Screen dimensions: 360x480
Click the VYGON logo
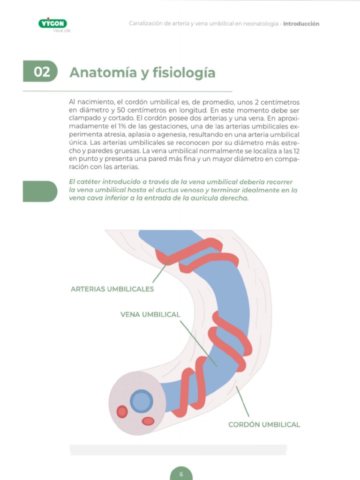[x=52, y=23]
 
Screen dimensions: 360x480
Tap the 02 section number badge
[x=40, y=71]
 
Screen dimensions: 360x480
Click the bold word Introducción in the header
[x=301, y=24]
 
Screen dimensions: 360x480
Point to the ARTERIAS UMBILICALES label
[x=112, y=289]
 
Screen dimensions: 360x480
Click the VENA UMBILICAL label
[x=150, y=315]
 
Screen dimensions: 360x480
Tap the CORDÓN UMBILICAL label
[x=264, y=425]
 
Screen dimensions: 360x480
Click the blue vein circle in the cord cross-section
[x=142, y=401]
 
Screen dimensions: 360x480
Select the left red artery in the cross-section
[x=122, y=412]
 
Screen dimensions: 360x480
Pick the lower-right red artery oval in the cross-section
[x=148, y=421]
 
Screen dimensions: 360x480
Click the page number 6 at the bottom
[x=181, y=474]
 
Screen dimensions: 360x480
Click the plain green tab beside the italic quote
[x=40, y=191]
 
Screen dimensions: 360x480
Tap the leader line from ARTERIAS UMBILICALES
[x=161, y=271]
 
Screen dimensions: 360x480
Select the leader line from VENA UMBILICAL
[x=198, y=344]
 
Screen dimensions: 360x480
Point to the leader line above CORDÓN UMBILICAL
[x=242, y=401]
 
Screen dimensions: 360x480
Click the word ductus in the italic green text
[x=167, y=190]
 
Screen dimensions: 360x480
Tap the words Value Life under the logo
[x=62, y=30]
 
